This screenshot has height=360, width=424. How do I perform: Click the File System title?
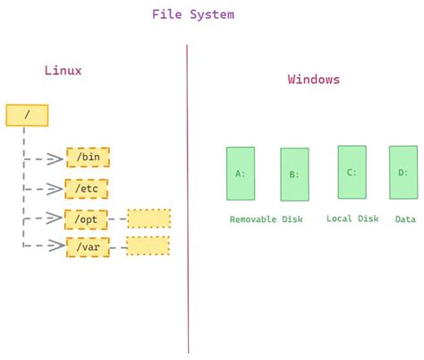pos(193,14)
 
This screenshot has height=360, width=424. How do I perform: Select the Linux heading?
pos(64,70)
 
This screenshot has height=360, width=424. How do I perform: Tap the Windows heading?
pos(313,79)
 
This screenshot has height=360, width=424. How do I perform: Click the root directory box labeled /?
pos(26,115)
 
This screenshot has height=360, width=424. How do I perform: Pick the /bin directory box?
pos(87,158)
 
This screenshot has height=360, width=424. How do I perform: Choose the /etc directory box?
pos(87,188)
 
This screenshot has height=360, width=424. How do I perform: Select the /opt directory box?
pos(87,218)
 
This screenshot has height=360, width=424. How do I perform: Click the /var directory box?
pos(87,245)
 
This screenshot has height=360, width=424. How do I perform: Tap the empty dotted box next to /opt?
pos(148,218)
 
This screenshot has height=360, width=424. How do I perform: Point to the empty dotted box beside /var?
pos(148,245)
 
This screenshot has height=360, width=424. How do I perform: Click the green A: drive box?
pos(241,173)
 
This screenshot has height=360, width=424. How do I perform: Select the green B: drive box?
pos(294,174)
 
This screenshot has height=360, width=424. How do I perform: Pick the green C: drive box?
pos(352,171)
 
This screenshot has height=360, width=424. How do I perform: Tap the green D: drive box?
pos(403,172)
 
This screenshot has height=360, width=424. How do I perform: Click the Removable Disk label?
pos(265,219)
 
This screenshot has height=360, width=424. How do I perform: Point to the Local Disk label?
pos(352,219)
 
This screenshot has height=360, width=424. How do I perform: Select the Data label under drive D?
pos(405,219)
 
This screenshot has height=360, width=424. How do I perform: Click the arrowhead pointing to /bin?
pos(57,159)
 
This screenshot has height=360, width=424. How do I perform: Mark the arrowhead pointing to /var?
pos(57,245)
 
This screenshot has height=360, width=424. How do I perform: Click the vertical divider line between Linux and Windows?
pos(188,197)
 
